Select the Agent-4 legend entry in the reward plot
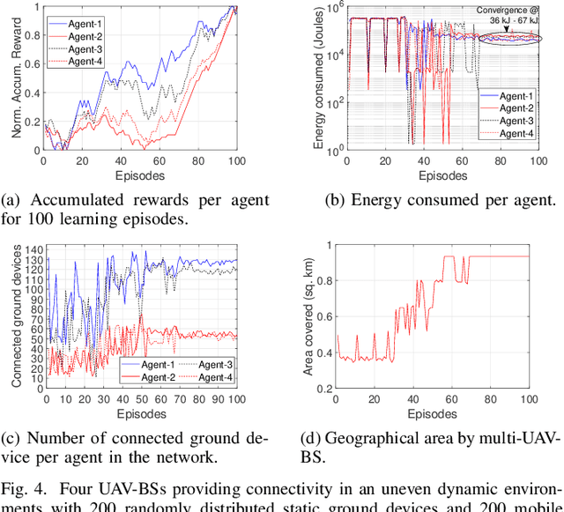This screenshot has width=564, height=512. (86, 61)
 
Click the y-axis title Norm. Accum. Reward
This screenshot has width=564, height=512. (15, 78)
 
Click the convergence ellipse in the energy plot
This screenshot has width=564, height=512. (506, 38)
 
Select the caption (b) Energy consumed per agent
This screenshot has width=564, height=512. (441, 200)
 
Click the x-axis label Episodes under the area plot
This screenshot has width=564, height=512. (432, 412)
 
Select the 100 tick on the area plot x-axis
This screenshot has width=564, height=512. (529, 400)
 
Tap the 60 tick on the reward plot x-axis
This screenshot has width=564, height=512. (159, 162)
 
